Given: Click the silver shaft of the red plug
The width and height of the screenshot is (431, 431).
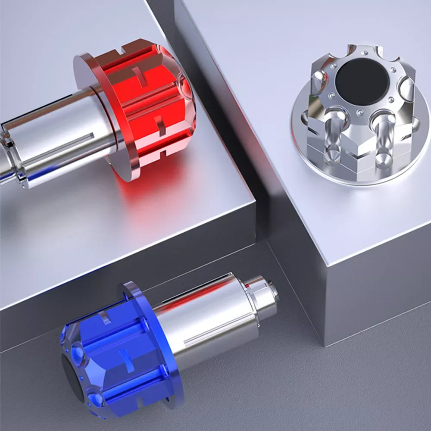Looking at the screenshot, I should click(56, 134).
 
